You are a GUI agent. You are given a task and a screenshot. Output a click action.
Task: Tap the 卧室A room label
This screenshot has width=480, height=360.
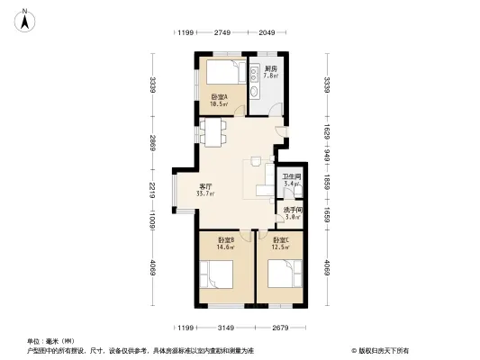pos(219,100)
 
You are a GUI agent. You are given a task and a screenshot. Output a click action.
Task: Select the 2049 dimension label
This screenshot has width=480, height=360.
pos(267,33)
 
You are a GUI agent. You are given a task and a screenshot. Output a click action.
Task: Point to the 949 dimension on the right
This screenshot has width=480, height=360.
pos(328,156)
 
